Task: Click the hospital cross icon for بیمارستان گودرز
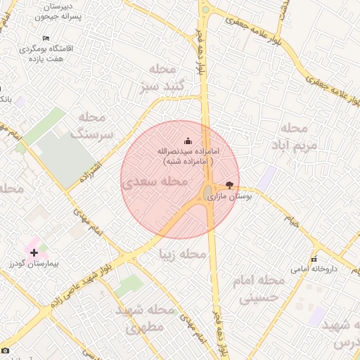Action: point(34,252)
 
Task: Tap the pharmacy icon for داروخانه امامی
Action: point(314,259)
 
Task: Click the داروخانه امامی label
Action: point(314,269)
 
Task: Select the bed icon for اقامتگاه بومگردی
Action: point(46,38)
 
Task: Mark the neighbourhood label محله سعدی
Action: point(155,181)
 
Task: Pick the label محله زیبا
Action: point(183,253)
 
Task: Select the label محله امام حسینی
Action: point(262,289)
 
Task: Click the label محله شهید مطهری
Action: point(150,318)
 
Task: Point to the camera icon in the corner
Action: point(6,349)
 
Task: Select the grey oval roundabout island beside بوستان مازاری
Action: point(209,192)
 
